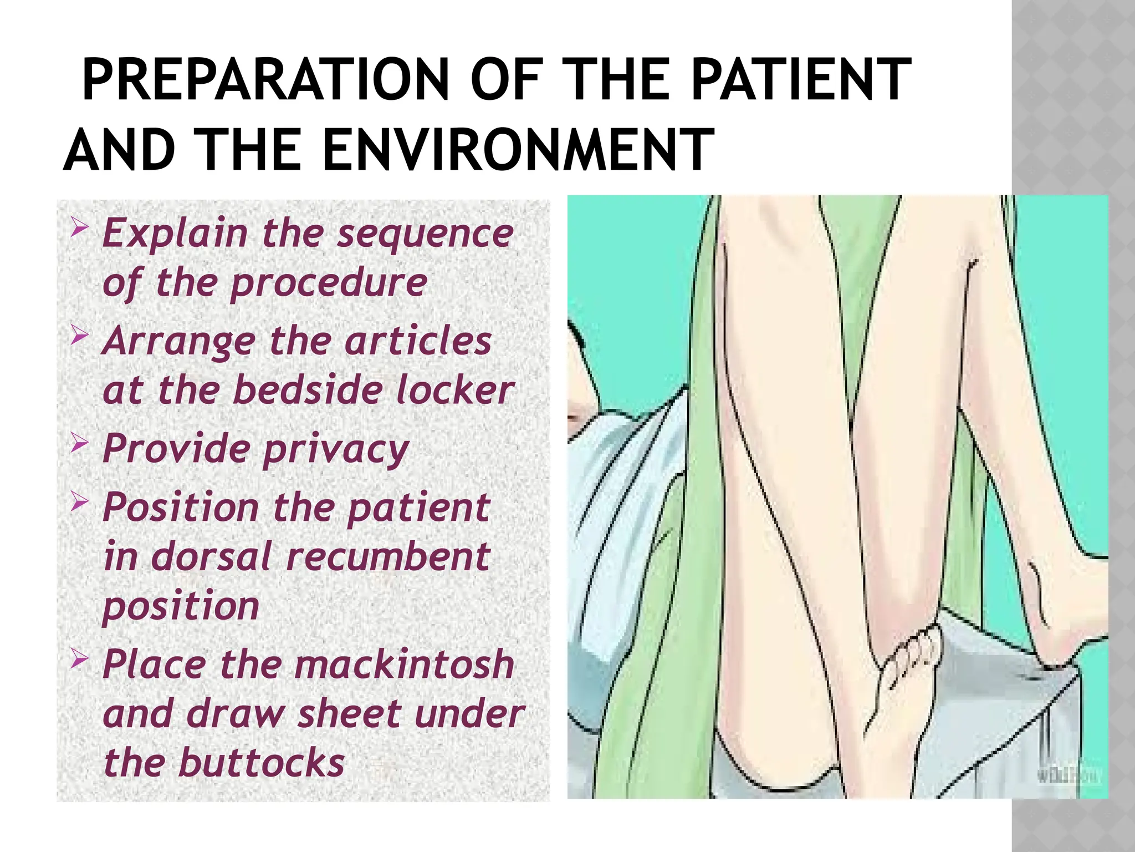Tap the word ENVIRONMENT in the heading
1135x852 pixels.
[x=517, y=150]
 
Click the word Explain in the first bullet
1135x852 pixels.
[x=175, y=234]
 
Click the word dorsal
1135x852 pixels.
[x=211, y=556]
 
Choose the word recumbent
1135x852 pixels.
[x=388, y=556]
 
